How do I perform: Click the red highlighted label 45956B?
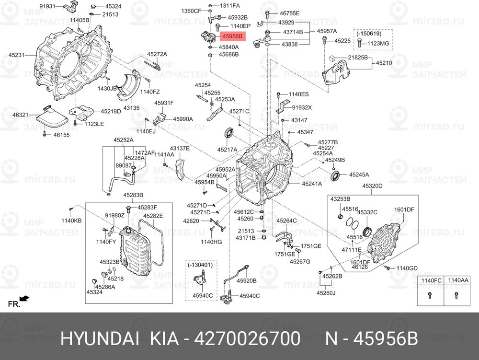pos(232,36)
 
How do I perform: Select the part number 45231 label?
pos(16,55)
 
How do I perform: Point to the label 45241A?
pos(312,184)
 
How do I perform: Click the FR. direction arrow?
pos(24,298)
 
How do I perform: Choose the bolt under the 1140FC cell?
pos(430,295)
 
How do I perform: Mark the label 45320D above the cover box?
pos(372,186)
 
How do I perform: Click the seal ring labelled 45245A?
pos(336,176)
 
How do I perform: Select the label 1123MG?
pos(378,44)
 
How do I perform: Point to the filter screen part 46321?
pos(52,118)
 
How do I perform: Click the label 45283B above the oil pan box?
pos(133,195)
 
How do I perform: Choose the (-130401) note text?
pos(200,265)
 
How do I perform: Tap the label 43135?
pos(131,108)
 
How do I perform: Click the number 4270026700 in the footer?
pos(248,339)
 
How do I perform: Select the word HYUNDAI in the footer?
pos(100,339)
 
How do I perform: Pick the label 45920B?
pos(247,280)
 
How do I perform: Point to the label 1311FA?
pos(230,5)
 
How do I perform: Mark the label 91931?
pos(47,6)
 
